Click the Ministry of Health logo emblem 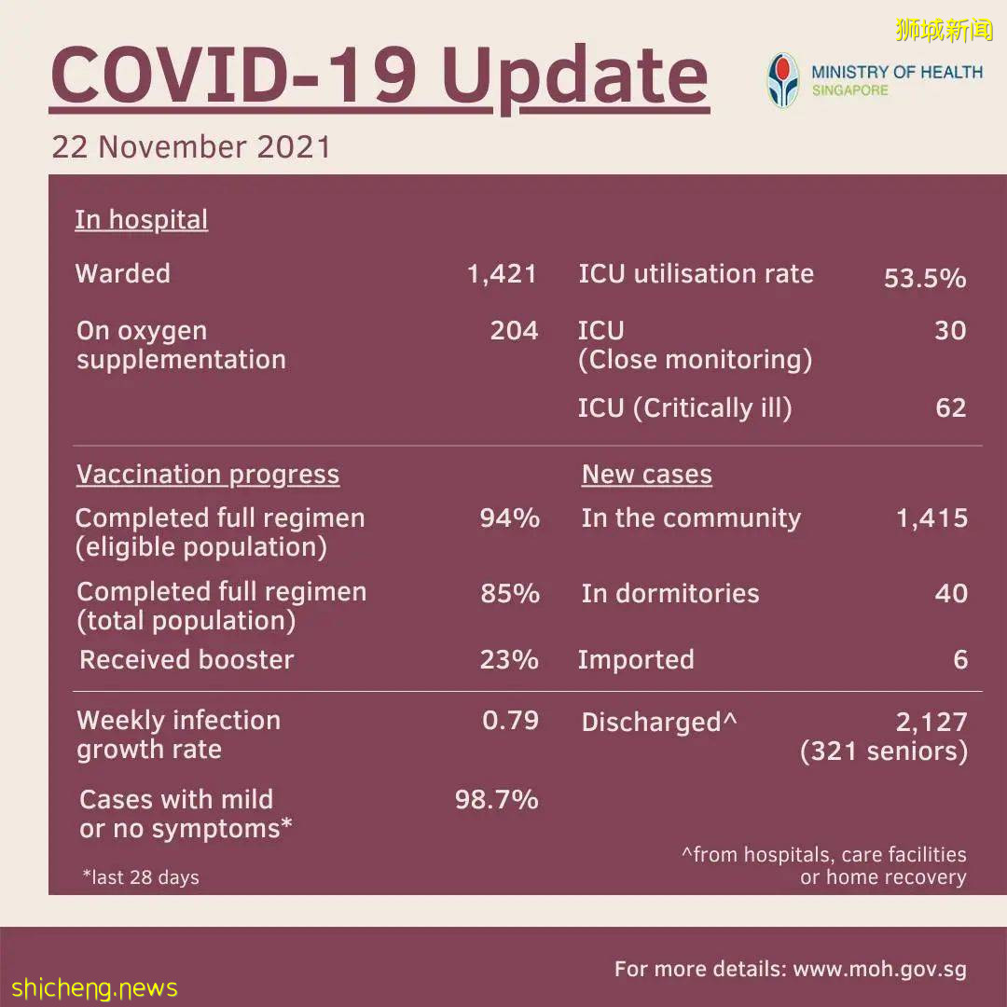click(x=783, y=80)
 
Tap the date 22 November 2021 click(x=191, y=147)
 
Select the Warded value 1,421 click(x=503, y=274)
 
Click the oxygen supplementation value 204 click(x=514, y=331)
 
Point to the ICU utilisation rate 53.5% click(x=924, y=279)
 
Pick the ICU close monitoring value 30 click(x=950, y=331)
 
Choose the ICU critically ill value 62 click(x=950, y=408)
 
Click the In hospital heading click(x=141, y=220)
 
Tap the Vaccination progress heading click(x=208, y=475)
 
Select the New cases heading click(x=646, y=475)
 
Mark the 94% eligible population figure click(x=509, y=518)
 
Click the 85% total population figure click(x=509, y=593)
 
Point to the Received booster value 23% click(x=509, y=660)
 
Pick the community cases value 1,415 click(x=931, y=518)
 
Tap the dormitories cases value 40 click(x=951, y=593)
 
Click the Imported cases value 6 click(x=960, y=660)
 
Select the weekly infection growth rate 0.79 click(x=510, y=721)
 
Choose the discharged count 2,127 click(x=931, y=722)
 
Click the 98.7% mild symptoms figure click(x=496, y=800)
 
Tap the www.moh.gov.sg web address click(x=879, y=969)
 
